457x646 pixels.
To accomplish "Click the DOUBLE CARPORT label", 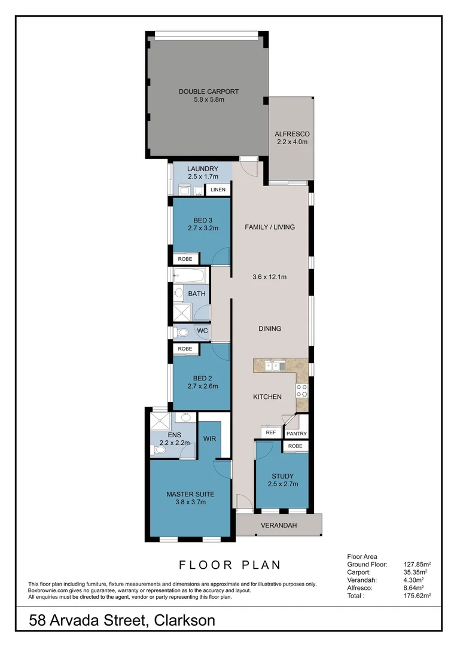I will click(209, 92).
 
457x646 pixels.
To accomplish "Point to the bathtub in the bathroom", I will click(190, 276).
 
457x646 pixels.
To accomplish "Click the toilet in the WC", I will click(182, 332).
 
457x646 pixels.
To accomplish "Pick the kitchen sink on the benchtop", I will click(273, 365).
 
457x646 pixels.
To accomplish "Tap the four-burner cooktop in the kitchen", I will click(302, 391).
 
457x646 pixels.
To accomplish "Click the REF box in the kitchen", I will click(270, 432).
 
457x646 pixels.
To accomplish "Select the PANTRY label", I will click(296, 434).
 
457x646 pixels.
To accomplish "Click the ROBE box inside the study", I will click(295, 446).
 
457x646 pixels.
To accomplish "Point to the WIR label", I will click(209, 438).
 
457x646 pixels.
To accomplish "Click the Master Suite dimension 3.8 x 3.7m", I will click(190, 502).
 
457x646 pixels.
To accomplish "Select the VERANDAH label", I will click(278, 525).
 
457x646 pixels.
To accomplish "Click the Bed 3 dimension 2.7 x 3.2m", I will click(201, 228).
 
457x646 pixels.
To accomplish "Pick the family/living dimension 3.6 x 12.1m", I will click(270, 277).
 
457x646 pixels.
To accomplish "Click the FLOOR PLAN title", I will click(230, 565).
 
